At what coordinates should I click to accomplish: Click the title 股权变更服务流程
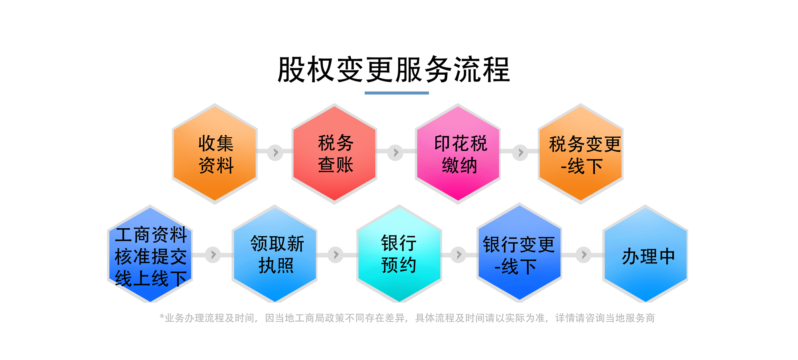(x=394, y=70)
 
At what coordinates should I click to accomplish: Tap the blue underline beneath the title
(x=397, y=93)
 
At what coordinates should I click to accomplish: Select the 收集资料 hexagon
(x=215, y=154)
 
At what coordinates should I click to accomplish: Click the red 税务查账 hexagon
(x=335, y=154)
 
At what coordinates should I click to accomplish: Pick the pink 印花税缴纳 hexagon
(x=458, y=154)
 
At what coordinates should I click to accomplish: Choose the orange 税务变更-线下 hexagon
(x=581, y=154)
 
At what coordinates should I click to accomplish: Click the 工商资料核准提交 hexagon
(x=150, y=255)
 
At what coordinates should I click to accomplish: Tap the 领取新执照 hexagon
(x=275, y=255)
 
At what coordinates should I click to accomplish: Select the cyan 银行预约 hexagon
(x=399, y=255)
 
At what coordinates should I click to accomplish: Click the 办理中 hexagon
(x=646, y=255)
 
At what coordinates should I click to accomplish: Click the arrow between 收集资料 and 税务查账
(x=275, y=152)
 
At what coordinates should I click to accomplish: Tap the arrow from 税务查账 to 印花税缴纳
(x=395, y=152)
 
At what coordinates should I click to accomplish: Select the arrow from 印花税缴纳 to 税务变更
(x=520, y=152)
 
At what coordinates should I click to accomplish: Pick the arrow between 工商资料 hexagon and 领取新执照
(x=213, y=254)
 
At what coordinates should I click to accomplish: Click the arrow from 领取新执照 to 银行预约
(x=336, y=254)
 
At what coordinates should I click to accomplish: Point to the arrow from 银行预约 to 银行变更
(x=458, y=254)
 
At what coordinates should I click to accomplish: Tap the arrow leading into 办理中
(x=584, y=254)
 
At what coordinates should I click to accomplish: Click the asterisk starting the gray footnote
(x=162, y=316)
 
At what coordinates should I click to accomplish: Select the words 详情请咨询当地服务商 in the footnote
(x=605, y=318)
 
